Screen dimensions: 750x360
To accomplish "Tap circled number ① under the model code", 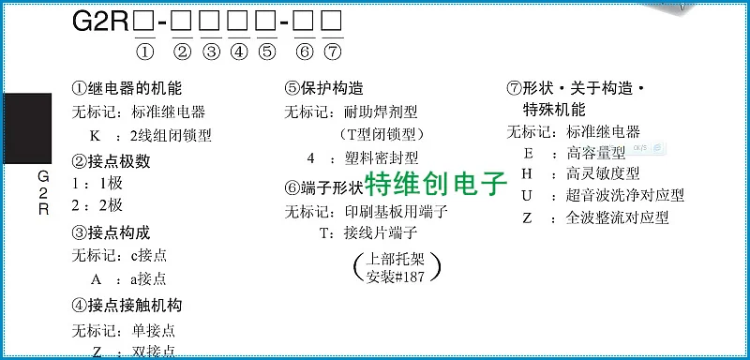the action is (145, 51).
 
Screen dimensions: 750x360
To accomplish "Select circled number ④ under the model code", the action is (239, 51).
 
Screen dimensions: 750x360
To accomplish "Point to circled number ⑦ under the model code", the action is (332, 51).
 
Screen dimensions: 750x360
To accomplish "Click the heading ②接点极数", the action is (111, 160).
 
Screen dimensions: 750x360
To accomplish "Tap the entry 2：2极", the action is (97, 205).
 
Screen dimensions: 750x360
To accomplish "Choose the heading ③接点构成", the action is (111, 232).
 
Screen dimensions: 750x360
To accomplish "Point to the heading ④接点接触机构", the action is (127, 305).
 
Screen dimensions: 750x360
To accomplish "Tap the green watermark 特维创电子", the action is (435, 182).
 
